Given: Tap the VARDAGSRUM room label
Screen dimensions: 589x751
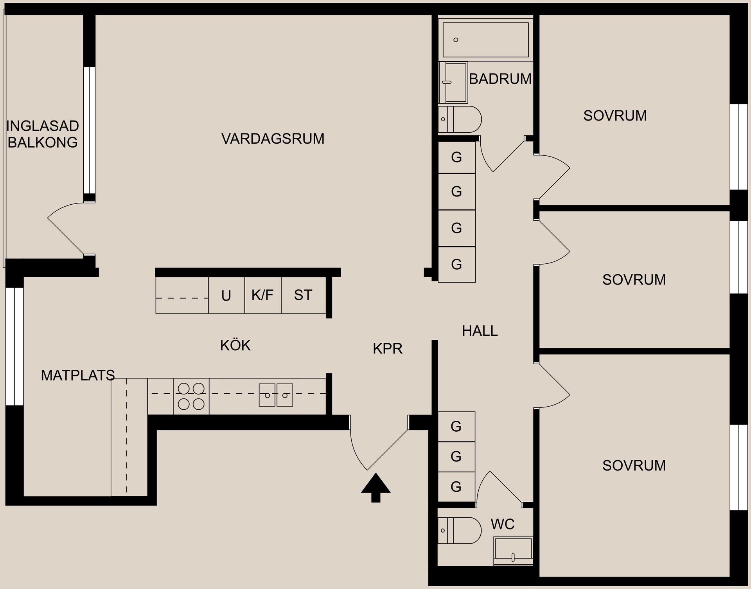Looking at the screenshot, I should [273, 139].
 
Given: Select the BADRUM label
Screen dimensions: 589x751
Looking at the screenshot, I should [500, 79].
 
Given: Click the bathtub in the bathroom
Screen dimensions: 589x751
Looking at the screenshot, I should [485, 40].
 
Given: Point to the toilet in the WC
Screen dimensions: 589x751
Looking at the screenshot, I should [460, 530].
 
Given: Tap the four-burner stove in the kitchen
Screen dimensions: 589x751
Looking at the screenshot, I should [191, 396].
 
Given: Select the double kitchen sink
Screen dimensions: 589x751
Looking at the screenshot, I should [276, 395].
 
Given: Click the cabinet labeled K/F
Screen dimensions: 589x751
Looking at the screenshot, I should [262, 295].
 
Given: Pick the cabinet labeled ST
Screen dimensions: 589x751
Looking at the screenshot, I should [303, 295].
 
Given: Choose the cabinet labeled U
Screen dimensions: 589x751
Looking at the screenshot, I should [226, 296].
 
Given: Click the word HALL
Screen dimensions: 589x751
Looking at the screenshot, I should [480, 331].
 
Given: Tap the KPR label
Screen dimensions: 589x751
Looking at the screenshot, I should [387, 348].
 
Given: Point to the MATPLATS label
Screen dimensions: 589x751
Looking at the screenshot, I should [77, 376].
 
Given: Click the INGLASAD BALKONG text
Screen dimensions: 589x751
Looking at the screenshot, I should [42, 134].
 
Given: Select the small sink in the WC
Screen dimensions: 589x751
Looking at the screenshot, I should [513, 550].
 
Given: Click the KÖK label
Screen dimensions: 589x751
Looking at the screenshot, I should [235, 345].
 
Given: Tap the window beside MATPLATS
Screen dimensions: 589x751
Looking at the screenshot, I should [14, 346].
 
